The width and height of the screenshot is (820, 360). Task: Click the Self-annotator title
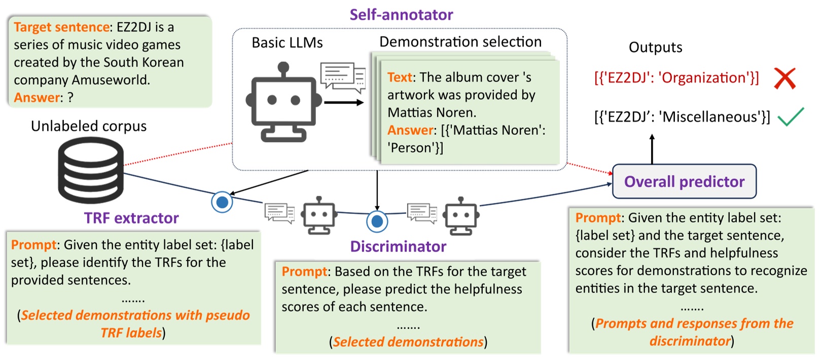401,15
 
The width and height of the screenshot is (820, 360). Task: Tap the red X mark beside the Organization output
785,79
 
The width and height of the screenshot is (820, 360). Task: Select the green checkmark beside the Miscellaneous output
791,117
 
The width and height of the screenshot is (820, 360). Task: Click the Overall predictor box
684,182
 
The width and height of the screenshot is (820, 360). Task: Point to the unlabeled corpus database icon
91,170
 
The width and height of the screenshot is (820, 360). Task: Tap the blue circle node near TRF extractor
222,202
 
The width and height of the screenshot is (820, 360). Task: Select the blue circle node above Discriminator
377,222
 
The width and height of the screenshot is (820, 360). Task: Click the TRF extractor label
131,218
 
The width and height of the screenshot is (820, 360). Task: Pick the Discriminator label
398,246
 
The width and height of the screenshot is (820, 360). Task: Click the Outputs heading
655,47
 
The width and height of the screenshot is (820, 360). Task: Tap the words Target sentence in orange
61,27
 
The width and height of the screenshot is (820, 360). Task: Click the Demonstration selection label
460,42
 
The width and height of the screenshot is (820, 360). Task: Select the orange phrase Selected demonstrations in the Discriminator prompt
408,342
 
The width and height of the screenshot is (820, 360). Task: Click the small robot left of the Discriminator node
318,216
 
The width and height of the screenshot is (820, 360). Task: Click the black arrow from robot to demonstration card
344,103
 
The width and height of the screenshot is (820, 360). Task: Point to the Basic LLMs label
287,43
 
